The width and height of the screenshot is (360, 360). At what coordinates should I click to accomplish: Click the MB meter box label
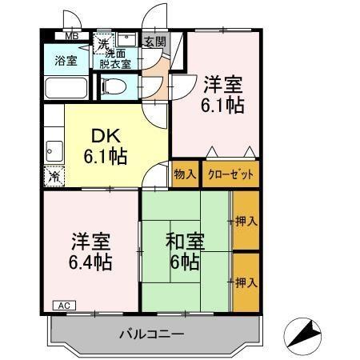coord(72,36)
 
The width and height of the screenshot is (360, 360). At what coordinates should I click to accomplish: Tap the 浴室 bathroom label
coord(66,59)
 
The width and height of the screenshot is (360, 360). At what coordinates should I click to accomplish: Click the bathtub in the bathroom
coord(67,88)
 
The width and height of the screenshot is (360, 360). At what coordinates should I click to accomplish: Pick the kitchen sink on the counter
coord(54,148)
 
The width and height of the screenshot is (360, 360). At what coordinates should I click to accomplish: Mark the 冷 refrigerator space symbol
coord(54,176)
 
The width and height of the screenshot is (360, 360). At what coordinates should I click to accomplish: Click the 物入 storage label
coord(184,174)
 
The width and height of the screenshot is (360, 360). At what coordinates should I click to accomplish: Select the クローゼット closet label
coord(230,174)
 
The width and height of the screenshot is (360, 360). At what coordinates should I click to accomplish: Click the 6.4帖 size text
coord(88,261)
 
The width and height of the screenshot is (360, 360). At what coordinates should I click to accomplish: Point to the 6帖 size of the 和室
coord(183,261)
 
